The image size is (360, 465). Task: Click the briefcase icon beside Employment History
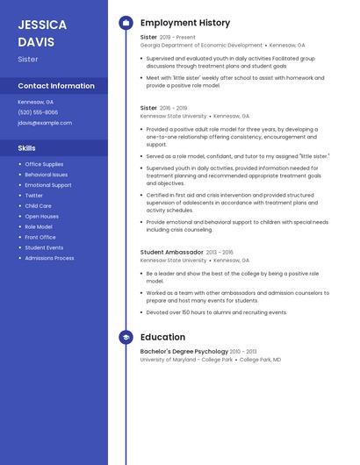[x=126, y=23]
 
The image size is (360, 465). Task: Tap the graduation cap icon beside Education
[x=126, y=337]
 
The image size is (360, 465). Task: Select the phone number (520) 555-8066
[x=38, y=112]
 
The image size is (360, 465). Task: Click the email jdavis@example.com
[x=45, y=123]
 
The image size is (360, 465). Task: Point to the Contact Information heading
[x=56, y=86]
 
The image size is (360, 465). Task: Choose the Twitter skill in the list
[x=33, y=196]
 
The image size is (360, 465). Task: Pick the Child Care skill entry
[x=38, y=206]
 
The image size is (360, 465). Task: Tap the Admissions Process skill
[x=49, y=258]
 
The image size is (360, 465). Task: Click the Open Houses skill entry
[x=41, y=217]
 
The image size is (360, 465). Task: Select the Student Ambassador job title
[x=171, y=252]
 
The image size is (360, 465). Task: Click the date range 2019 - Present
[x=177, y=37]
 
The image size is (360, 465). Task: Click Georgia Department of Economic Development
[x=201, y=45]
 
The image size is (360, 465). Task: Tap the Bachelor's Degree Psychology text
[x=184, y=352]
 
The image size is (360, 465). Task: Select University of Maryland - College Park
[x=186, y=360]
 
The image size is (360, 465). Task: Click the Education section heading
[x=162, y=337]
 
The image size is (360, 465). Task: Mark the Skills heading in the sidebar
[x=26, y=148]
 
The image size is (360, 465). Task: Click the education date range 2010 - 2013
[x=244, y=352]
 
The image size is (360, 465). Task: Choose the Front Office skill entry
[x=40, y=237]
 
